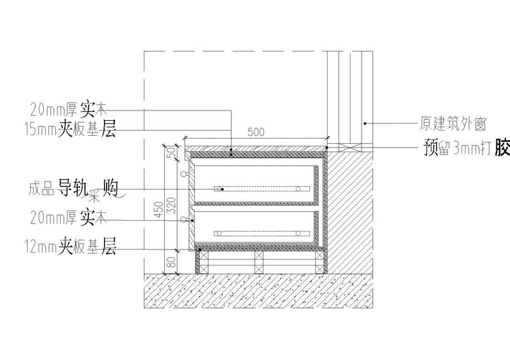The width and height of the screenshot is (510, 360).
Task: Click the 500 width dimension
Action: tap(256, 132)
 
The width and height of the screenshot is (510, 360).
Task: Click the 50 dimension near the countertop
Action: tap(173, 152)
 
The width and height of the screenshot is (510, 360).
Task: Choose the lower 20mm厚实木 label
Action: tap(68, 214)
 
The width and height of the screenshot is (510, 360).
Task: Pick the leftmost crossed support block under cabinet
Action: tap(202, 262)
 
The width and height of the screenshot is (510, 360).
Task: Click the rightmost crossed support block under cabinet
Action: tap(318, 262)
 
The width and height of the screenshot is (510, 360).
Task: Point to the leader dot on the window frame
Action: tap(364, 122)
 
